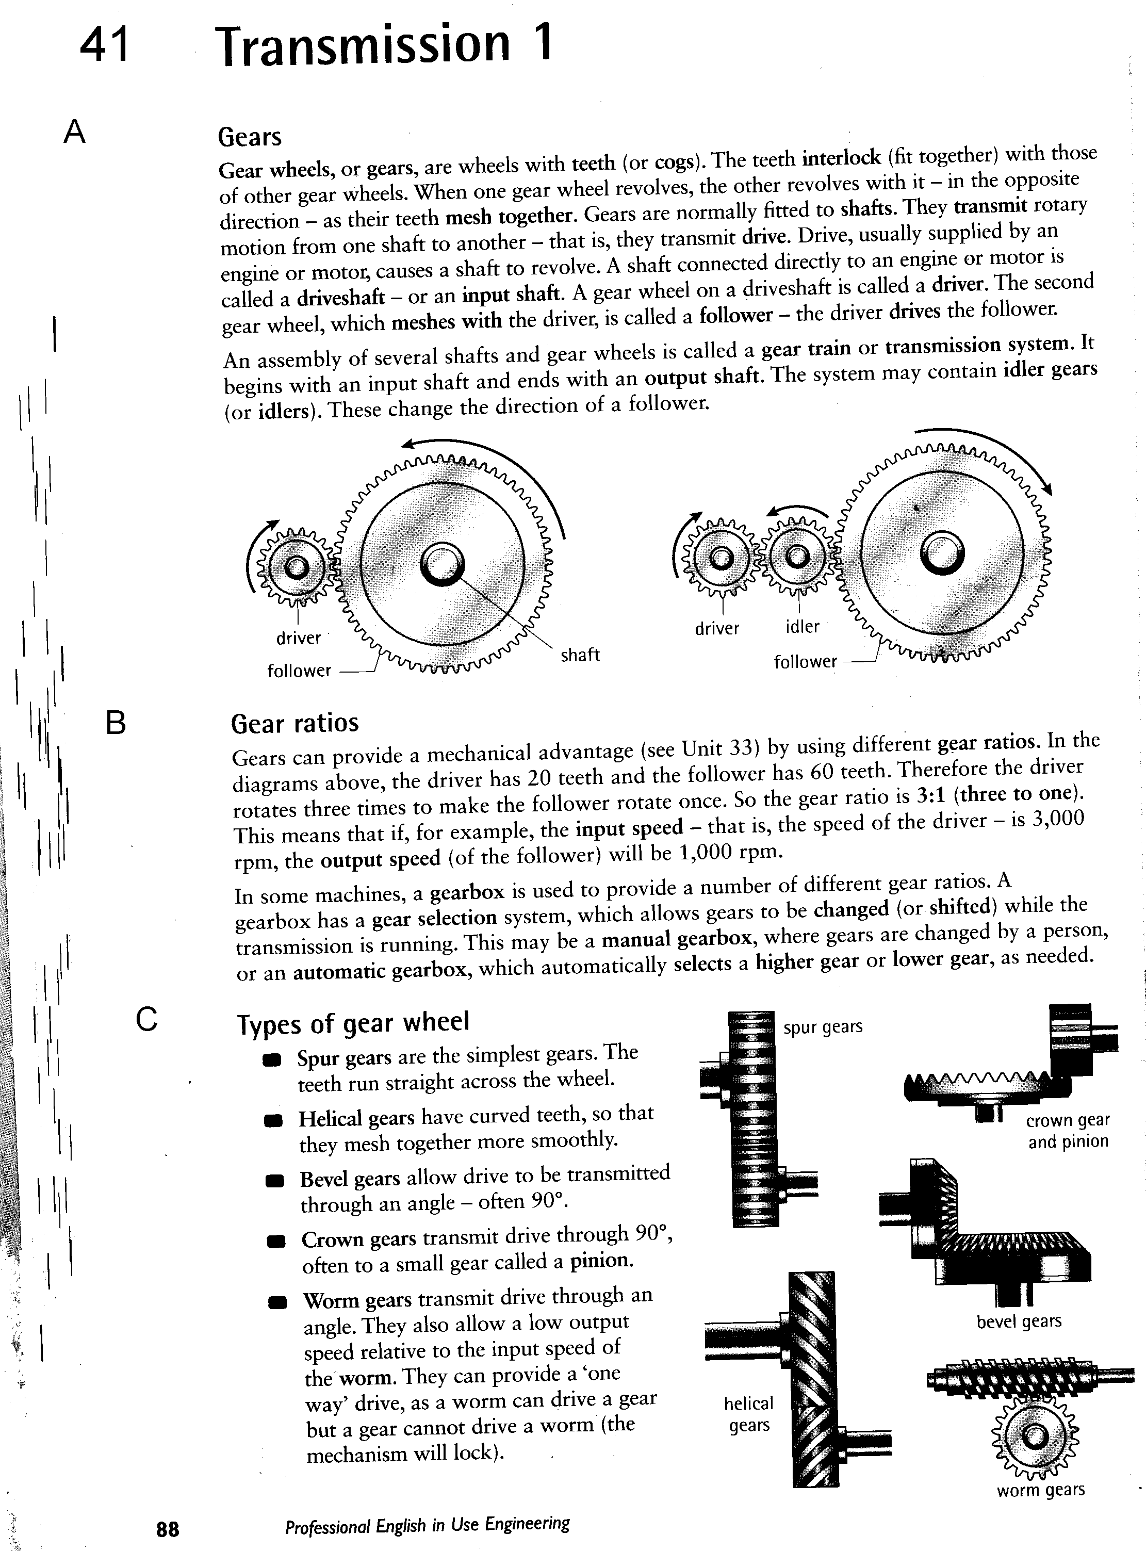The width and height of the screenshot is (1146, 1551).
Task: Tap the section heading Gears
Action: (250, 137)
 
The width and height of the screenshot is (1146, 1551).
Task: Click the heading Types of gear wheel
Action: (353, 1022)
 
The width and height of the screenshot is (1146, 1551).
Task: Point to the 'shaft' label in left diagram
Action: (580, 654)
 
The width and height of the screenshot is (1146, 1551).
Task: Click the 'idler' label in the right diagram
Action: (802, 626)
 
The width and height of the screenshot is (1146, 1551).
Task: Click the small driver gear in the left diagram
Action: (296, 567)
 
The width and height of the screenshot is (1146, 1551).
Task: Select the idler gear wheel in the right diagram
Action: (797, 557)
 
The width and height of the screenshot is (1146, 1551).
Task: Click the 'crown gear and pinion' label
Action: (1068, 1130)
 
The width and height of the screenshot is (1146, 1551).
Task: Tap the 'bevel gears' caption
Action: (1019, 1321)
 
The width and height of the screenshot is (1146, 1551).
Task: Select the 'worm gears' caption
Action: (1041, 1490)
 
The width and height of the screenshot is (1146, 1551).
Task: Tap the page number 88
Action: (168, 1529)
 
